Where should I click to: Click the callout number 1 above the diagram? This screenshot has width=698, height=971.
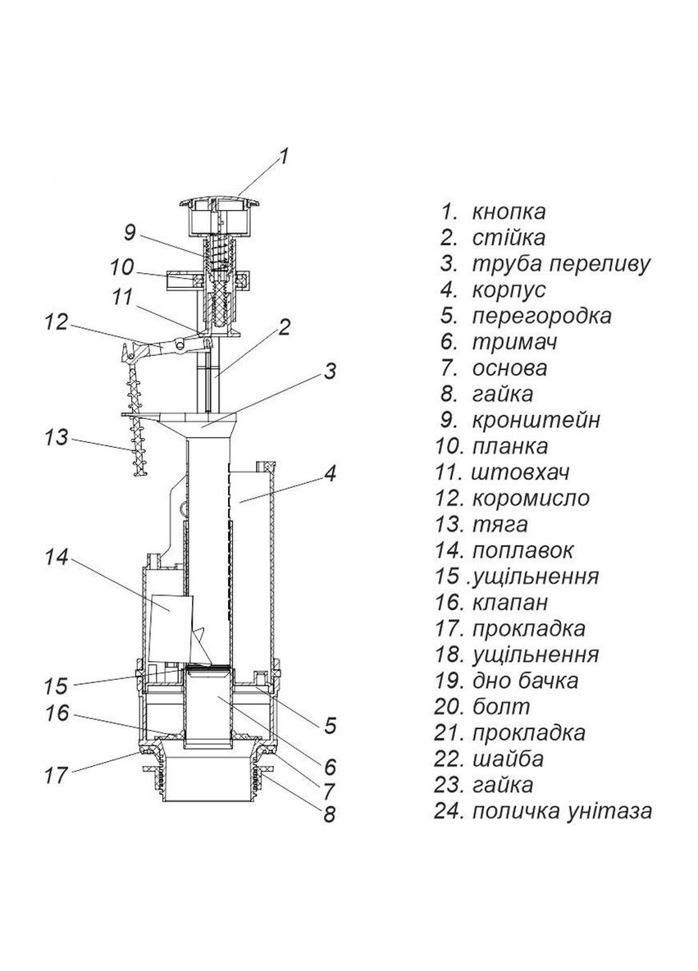(x=283, y=156)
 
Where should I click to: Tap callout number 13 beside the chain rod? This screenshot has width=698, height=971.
(x=57, y=437)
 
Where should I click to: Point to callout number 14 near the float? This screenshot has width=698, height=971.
(x=57, y=558)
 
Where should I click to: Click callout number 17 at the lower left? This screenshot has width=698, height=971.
(x=57, y=775)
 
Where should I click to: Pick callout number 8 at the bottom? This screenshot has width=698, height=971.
(x=330, y=815)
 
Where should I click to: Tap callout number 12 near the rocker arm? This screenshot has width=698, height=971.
(x=57, y=322)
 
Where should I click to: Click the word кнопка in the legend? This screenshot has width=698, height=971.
(x=509, y=212)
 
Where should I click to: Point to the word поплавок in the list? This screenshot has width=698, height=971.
(x=522, y=549)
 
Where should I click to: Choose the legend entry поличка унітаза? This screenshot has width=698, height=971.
(x=562, y=811)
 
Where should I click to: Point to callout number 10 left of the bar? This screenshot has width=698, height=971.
(x=121, y=267)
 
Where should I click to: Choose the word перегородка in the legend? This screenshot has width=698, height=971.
(x=541, y=316)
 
